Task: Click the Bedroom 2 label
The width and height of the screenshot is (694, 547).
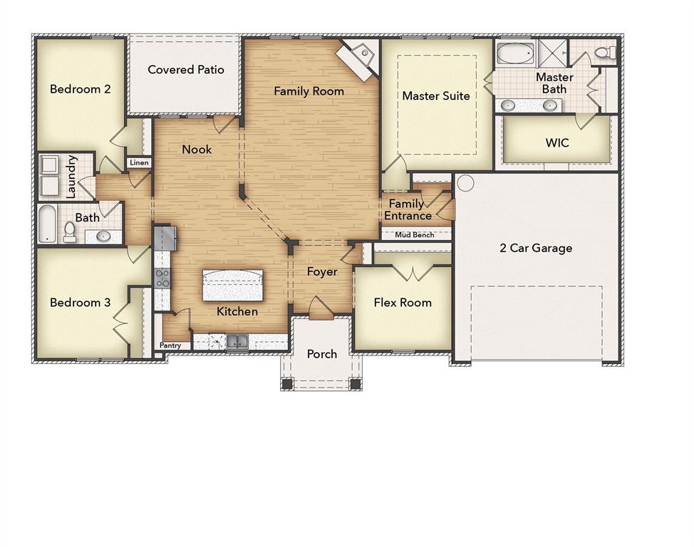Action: coord(80,89)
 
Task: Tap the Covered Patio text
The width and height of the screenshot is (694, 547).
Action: coord(186,70)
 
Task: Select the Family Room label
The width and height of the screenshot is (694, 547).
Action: coord(309,91)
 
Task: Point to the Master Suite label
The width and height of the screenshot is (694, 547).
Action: coord(436,95)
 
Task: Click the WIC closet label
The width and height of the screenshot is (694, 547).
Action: coord(557,143)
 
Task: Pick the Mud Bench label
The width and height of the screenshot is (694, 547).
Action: coord(415,235)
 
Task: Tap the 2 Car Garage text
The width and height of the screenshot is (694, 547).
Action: coord(536,248)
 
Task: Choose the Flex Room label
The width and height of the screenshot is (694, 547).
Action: coord(403,303)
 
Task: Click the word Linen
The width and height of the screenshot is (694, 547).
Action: coord(140,163)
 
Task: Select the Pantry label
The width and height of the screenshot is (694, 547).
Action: coord(170,345)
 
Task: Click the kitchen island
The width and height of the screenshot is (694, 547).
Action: coord(233,286)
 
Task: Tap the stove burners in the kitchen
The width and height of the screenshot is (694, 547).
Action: coord(162,278)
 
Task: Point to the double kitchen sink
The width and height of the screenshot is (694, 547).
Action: coord(237,343)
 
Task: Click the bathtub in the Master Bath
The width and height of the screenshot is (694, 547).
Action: coord(515,53)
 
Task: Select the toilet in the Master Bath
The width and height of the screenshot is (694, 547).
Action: coord(606,53)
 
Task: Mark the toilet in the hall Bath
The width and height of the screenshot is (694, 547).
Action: coord(70,231)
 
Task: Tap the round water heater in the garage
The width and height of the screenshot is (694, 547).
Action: coord(465,184)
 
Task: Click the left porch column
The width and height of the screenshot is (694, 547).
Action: coord(287,383)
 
